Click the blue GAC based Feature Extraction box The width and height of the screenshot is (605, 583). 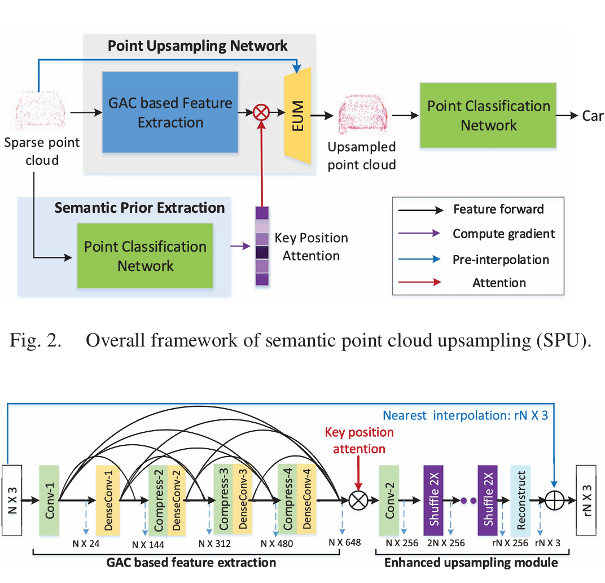170,112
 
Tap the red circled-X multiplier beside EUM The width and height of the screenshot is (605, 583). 261,112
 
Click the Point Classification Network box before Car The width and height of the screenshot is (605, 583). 488,115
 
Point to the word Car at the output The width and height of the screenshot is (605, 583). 593,116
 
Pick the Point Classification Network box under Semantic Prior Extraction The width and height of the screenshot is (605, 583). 145,256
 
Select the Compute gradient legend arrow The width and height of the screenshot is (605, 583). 420,234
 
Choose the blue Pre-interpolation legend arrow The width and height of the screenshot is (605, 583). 420,259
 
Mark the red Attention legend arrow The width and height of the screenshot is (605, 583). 420,282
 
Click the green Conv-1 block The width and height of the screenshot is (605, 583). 49,501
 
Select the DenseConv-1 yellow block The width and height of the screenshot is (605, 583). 107,501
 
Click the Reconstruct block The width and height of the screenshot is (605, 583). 520,501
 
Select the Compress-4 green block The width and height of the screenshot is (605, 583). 287,501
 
